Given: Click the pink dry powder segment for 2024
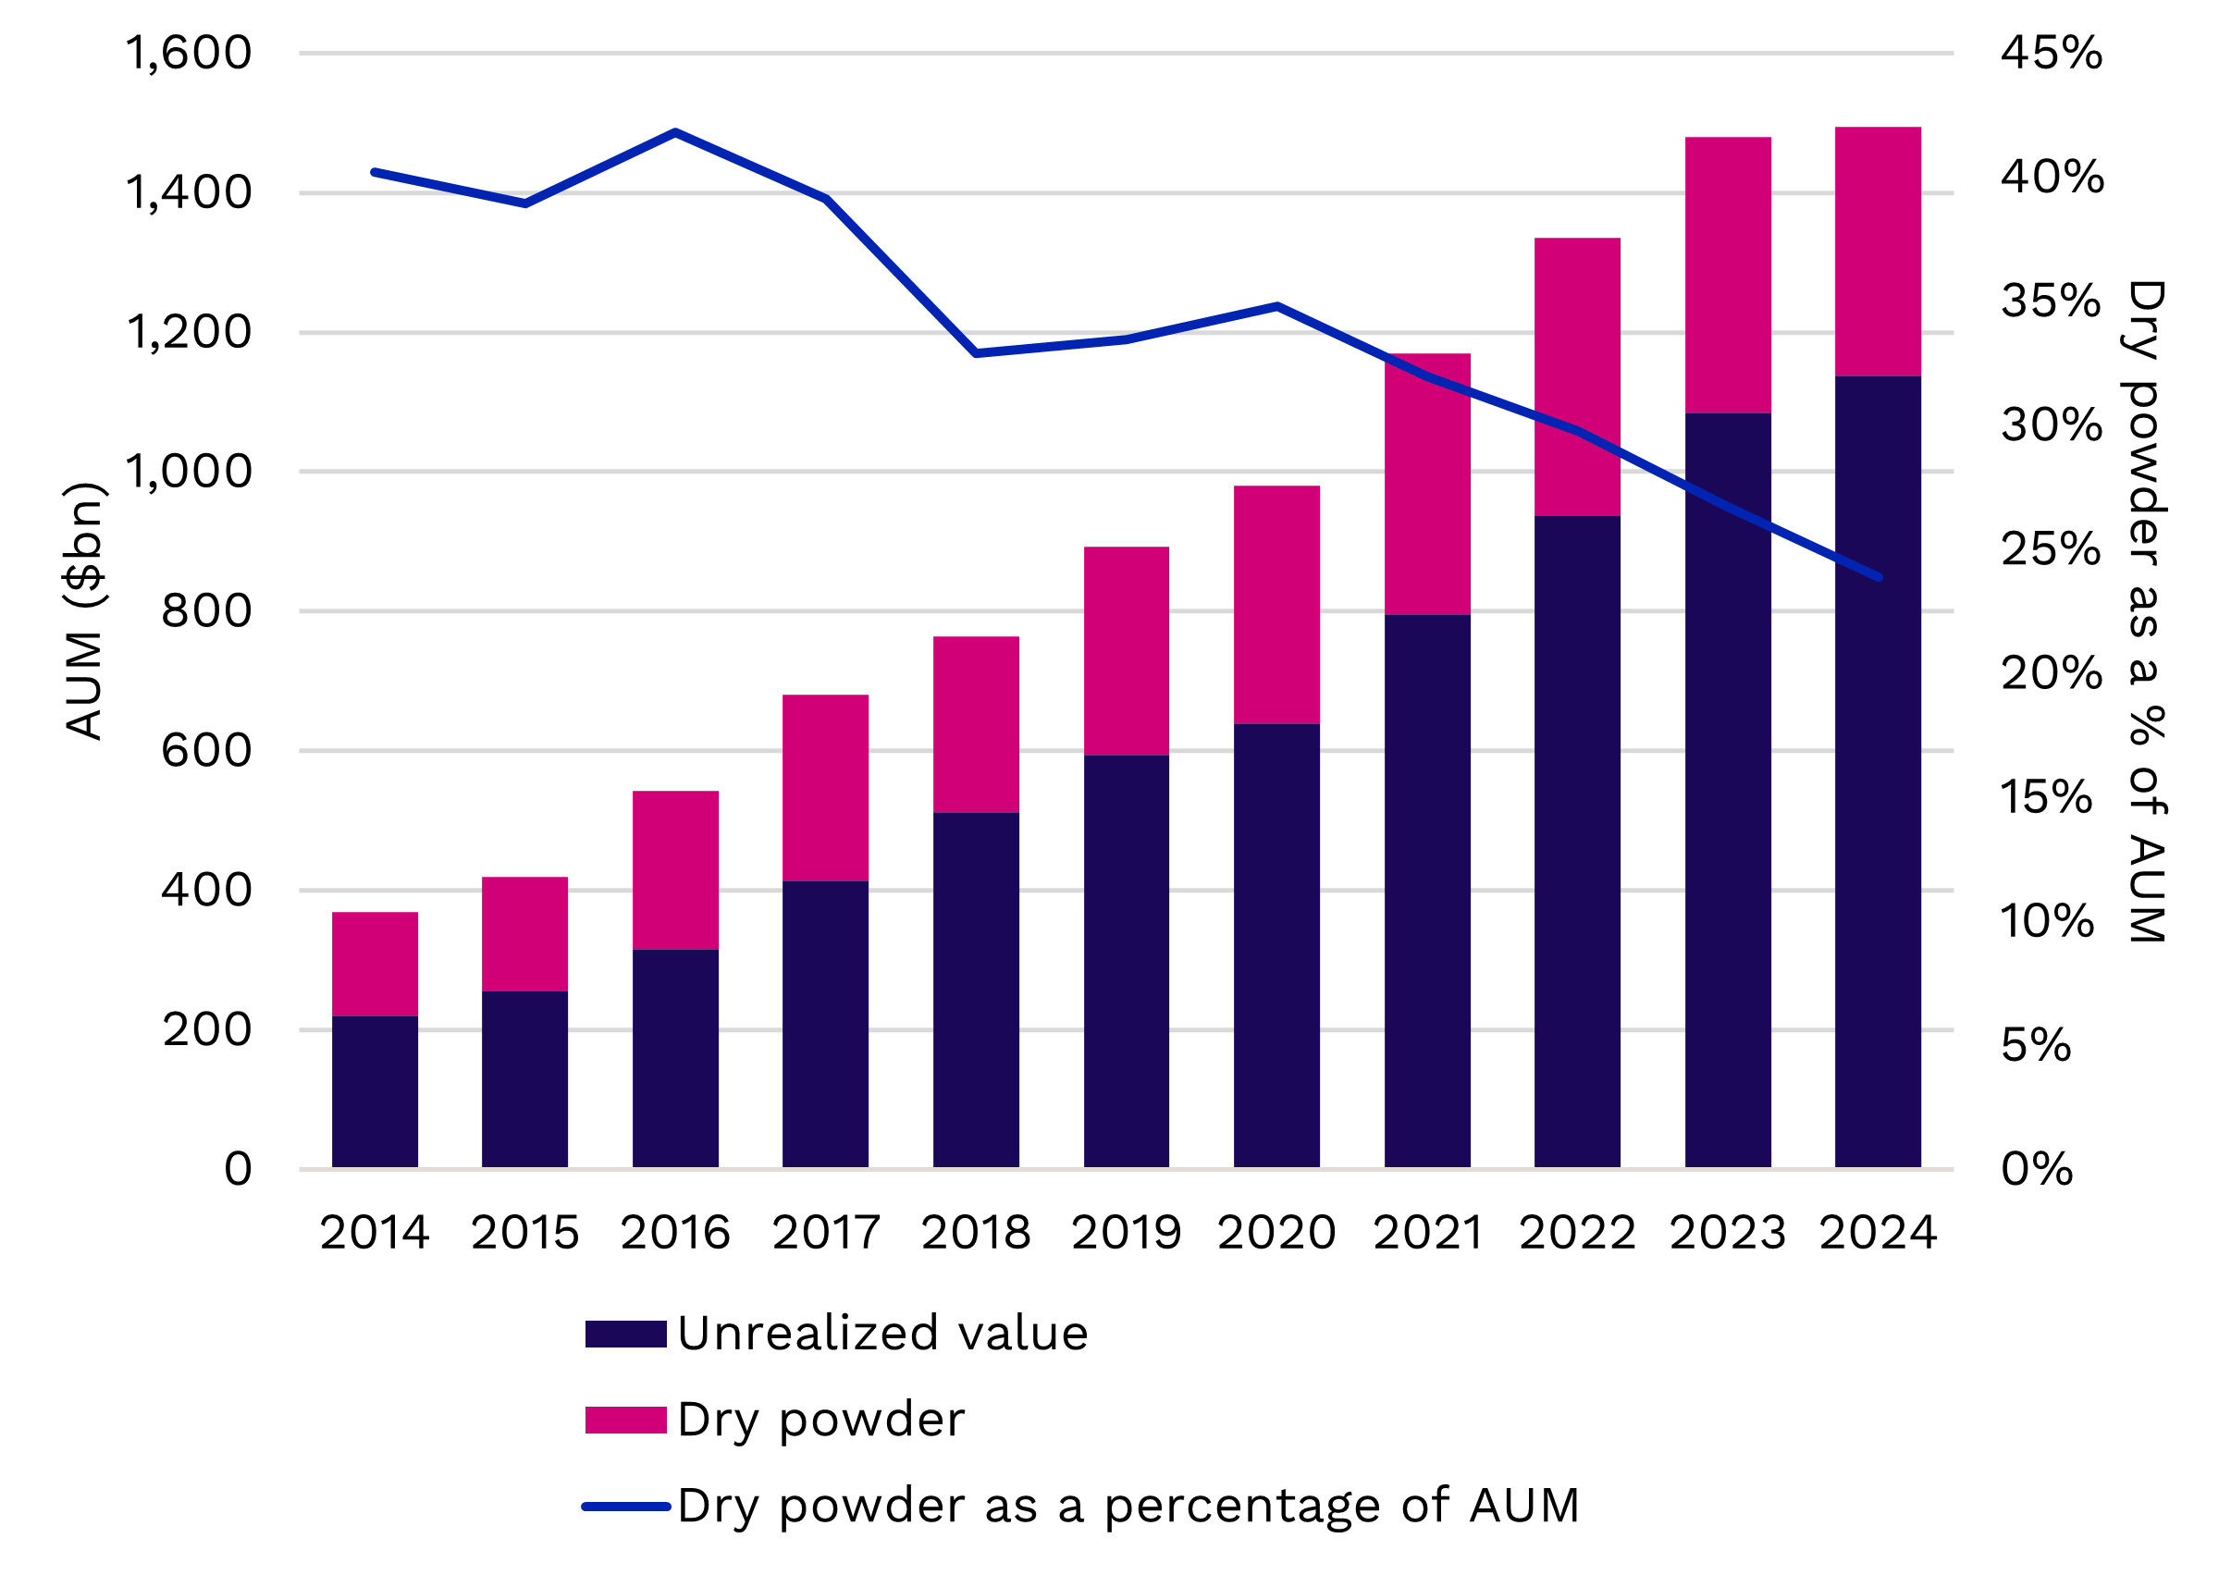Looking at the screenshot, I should point(1878,251).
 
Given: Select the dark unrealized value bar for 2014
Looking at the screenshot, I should point(376,1091).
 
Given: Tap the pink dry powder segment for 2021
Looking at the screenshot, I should point(1426,484).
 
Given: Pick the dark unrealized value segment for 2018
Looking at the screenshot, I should point(976,989).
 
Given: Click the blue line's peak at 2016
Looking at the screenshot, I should point(675,131).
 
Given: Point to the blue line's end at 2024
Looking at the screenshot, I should point(1880,577).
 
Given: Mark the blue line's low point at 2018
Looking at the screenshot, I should point(976,352).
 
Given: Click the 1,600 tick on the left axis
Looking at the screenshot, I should point(189,53).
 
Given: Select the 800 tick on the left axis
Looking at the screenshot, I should point(206,611).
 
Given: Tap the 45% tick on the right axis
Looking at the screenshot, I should point(2052,53).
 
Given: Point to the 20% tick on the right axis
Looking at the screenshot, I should point(2052,672).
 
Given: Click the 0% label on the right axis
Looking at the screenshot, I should point(2037,1169).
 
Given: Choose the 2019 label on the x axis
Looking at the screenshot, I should point(1127,1233).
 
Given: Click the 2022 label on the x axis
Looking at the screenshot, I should point(1577,1233).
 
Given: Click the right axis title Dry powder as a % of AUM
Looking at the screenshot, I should point(2146,611).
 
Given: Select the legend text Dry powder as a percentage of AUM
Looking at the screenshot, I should point(1128,1506).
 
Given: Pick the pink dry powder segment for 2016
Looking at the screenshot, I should point(675,869).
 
